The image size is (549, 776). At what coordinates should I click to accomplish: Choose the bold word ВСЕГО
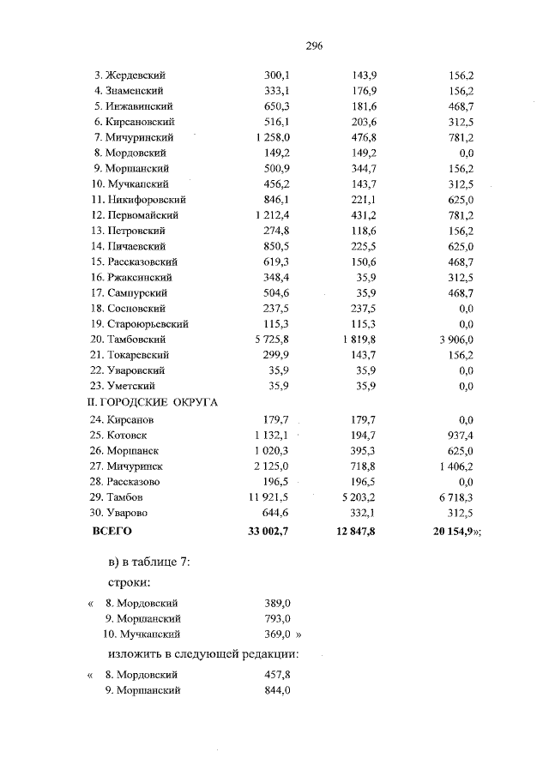(112, 532)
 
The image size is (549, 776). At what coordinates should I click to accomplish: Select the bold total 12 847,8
(359, 532)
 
